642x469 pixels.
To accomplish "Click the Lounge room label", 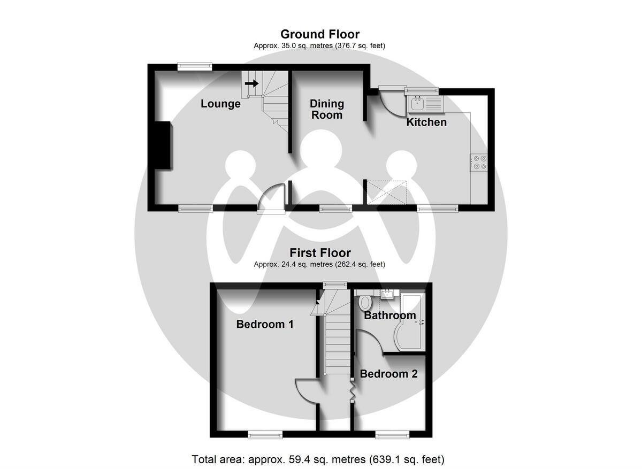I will pos(220,104).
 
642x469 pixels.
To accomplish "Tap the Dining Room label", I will pos(327,109).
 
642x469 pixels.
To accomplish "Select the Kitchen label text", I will pos(426,122).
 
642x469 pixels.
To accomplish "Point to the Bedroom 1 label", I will pos(265,324).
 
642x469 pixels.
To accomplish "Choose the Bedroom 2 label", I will pos(388,374).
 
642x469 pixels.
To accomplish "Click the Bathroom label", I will pos(390,316).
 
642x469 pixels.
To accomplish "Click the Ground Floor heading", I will pos(320,35).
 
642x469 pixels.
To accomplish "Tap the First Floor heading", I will pos(320,253).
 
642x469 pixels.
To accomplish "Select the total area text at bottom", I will pos(318,459).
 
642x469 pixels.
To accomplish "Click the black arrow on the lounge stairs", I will pos(252,83).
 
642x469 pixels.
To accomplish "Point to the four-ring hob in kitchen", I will pos(479,162).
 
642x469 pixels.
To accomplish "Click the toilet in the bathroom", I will pos(365,302).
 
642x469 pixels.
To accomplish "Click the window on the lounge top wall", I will pos(194,66).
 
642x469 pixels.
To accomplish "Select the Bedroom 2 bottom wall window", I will pos(392,435).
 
